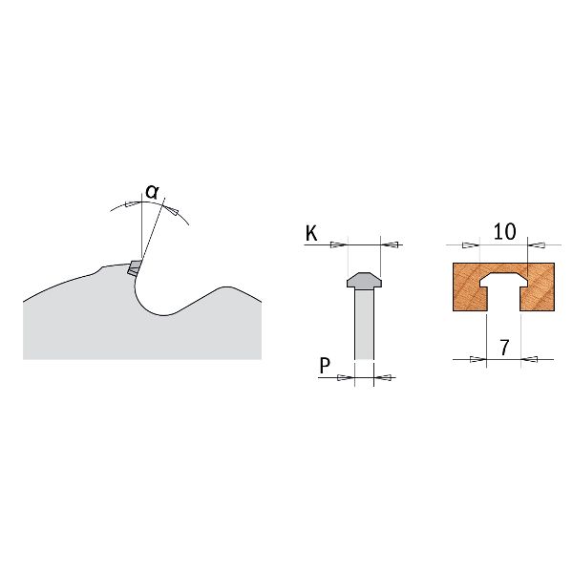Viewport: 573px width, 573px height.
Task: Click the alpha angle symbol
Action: coord(152,192)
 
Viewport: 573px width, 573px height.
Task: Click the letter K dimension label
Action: coord(311,233)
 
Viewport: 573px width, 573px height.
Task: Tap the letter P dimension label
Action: coord(325,365)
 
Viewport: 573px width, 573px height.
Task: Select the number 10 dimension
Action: coord(504,231)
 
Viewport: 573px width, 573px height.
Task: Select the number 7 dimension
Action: coord(504,348)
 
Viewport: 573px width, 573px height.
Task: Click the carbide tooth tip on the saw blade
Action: coord(135,267)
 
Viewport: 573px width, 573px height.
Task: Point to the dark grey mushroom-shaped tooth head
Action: coord(364,281)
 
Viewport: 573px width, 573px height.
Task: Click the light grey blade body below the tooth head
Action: coord(365,323)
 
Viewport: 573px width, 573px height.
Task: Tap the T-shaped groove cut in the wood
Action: coord(504,290)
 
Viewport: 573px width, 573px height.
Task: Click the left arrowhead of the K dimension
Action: coord(339,244)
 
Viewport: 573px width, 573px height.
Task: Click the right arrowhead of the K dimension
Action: coord(390,244)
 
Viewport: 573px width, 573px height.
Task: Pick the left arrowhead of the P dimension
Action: coord(346,377)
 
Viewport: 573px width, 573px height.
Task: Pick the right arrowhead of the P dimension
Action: coord(383,377)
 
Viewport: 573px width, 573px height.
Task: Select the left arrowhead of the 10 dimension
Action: coord(471,244)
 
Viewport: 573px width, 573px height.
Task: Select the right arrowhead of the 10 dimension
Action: coord(537,244)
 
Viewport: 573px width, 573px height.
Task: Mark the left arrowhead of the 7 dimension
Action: coord(478,359)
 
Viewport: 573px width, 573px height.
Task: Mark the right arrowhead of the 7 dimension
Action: coord(529,359)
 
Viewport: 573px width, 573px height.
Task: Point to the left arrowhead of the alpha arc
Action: coord(133,203)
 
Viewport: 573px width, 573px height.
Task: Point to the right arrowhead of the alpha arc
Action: coord(171,210)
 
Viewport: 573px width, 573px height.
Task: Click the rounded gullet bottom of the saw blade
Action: coord(164,314)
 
